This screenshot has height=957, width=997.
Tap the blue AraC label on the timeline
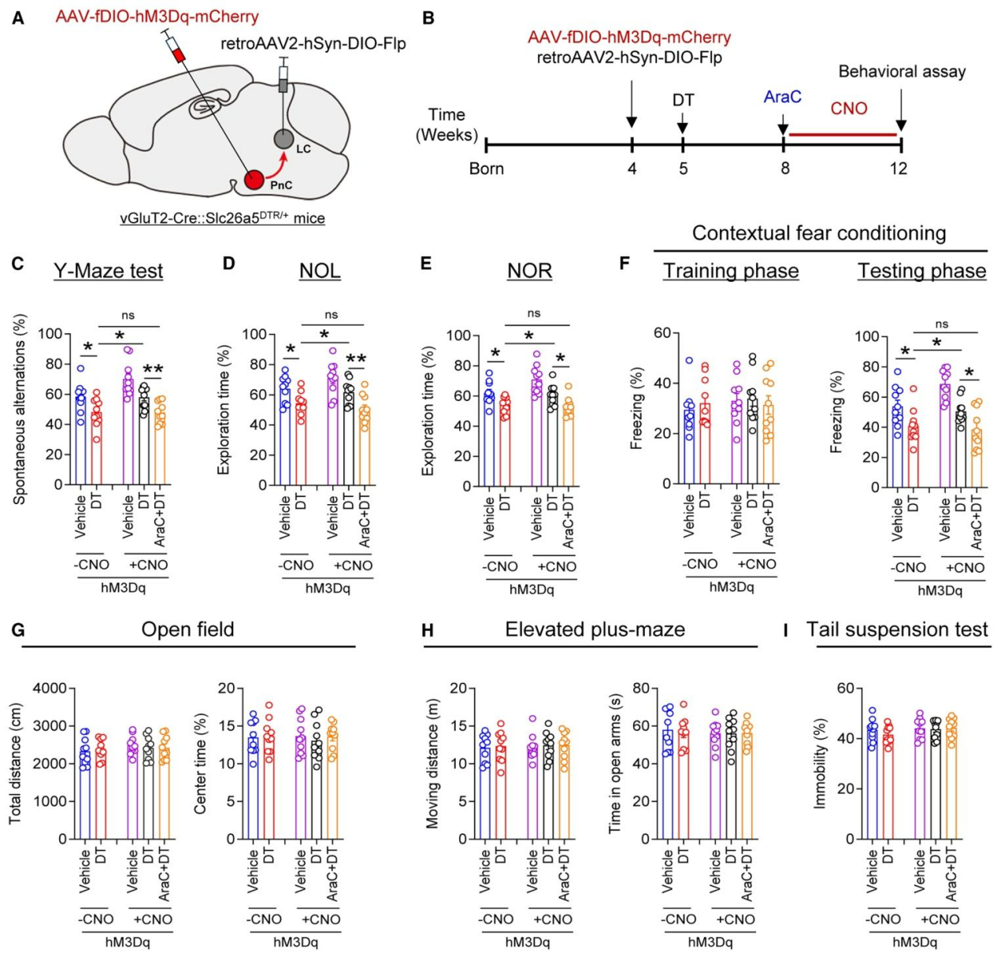(782, 97)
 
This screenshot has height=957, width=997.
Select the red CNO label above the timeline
(848, 109)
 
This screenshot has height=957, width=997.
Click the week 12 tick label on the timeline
(898, 169)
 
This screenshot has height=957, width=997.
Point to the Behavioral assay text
(902, 72)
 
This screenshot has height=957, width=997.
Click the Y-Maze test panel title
(109, 271)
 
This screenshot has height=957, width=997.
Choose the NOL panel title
(320, 271)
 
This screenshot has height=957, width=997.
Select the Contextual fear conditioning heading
(819, 233)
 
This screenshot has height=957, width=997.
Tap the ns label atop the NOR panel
(534, 313)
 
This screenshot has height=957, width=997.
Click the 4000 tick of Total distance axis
(50, 688)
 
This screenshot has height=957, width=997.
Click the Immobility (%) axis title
(821, 763)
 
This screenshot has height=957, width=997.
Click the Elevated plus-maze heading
(595, 630)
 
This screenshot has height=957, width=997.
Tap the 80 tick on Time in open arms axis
(641, 688)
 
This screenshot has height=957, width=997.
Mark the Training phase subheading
(731, 271)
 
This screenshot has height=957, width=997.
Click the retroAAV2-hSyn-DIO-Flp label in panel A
(313, 43)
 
